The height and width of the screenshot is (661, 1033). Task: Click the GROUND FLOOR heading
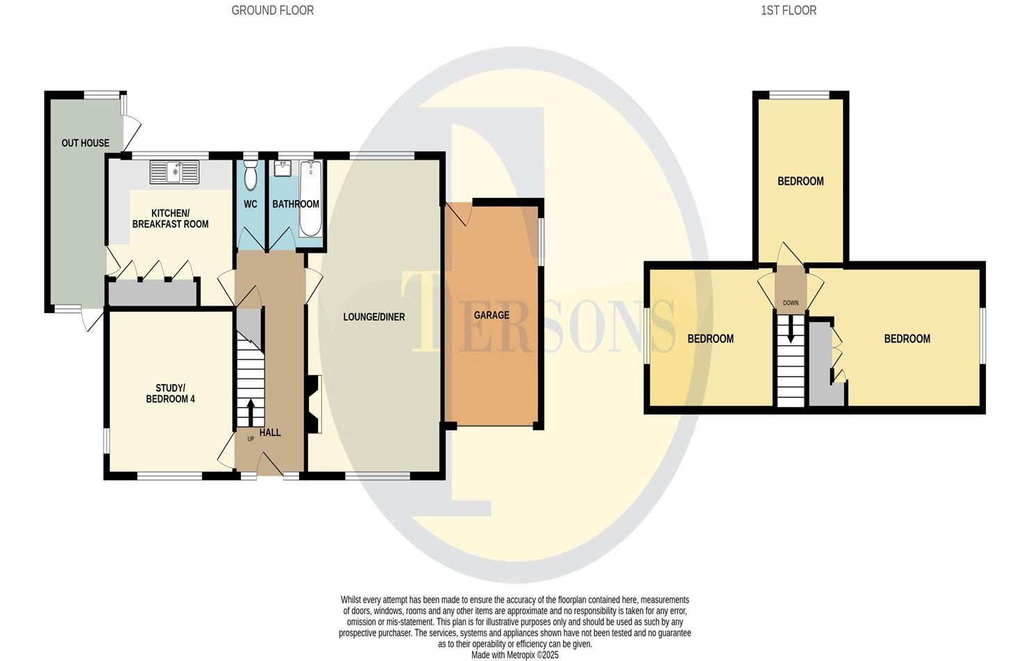272,10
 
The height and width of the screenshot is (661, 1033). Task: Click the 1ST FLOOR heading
788,10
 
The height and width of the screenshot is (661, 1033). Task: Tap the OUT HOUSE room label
85,143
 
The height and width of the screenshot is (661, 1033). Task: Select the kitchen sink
174,172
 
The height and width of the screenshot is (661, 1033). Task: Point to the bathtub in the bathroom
310,198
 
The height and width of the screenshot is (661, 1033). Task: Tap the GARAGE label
492,315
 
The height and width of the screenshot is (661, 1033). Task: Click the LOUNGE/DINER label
373,317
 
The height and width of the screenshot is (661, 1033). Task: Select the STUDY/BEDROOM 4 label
170,393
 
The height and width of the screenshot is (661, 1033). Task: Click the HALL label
270,433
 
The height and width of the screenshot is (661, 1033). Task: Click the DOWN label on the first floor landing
790,303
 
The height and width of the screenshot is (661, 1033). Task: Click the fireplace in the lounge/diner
314,404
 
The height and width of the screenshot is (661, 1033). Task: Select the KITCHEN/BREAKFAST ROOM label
170,219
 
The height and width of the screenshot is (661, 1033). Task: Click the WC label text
251,204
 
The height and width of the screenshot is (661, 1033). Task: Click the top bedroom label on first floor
800,181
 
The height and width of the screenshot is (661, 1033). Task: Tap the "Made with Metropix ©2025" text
514,655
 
